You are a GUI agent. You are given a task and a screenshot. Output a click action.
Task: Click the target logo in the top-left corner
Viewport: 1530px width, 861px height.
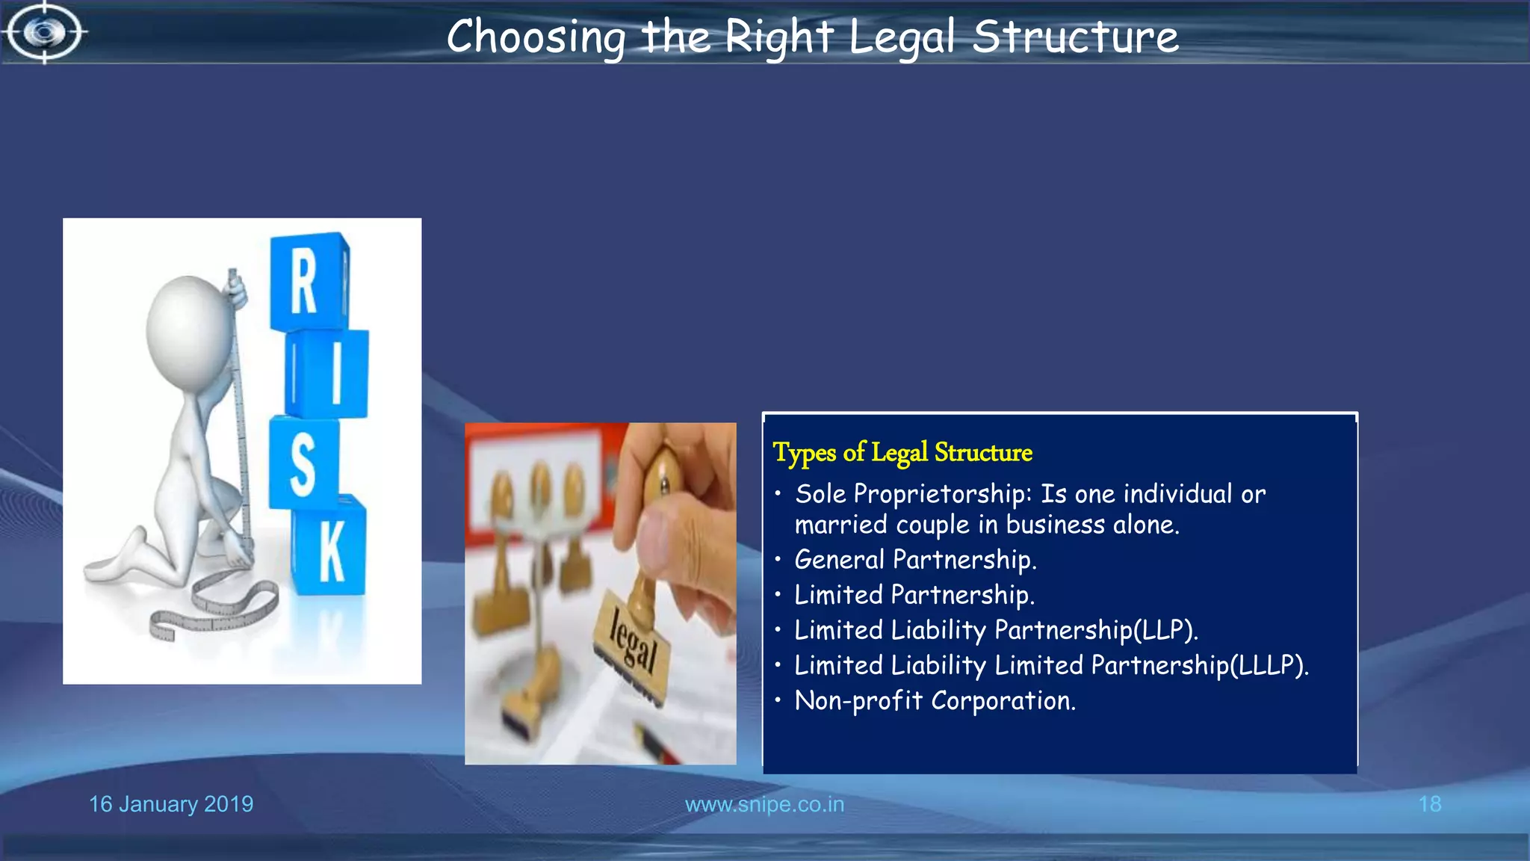pyautogui.click(x=45, y=32)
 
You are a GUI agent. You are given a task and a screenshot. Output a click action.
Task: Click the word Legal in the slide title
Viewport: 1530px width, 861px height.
pyautogui.click(x=902, y=37)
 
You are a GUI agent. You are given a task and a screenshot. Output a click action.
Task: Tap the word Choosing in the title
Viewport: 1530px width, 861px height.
pyautogui.click(x=536, y=37)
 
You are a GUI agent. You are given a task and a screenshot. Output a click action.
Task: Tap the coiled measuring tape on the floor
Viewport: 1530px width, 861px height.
pyautogui.click(x=217, y=606)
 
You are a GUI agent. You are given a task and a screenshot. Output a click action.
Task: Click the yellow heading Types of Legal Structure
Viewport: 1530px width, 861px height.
pyautogui.click(x=902, y=452)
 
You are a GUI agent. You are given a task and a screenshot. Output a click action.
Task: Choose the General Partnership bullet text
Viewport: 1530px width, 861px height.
pyautogui.click(x=915, y=560)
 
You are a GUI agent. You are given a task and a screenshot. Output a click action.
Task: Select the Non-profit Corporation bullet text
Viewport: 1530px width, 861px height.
pyautogui.click(x=935, y=701)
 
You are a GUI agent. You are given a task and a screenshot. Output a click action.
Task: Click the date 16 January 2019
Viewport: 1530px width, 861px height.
pyautogui.click(x=171, y=804)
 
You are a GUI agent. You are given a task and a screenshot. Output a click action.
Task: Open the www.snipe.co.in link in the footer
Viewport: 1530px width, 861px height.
pyautogui.click(x=764, y=804)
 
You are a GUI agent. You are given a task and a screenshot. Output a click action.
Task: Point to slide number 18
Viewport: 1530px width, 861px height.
pyautogui.click(x=1429, y=804)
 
